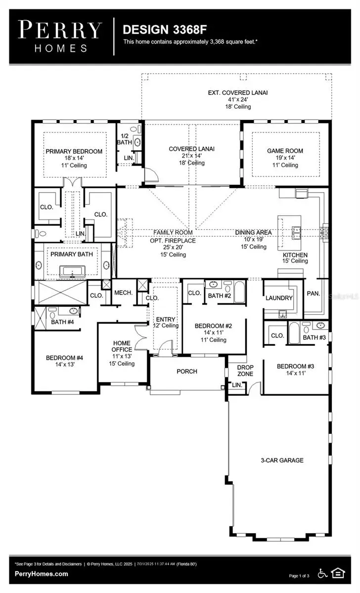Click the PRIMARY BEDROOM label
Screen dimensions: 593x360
74,151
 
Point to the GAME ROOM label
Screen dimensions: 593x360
285,151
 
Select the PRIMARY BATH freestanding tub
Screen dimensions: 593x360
73,271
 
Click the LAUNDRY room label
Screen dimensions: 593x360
279,298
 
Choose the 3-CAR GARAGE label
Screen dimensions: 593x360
282,460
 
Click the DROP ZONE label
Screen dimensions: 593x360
245,371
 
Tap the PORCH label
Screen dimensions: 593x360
187,372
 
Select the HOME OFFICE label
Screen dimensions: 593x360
122,346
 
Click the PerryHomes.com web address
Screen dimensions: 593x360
42,574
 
